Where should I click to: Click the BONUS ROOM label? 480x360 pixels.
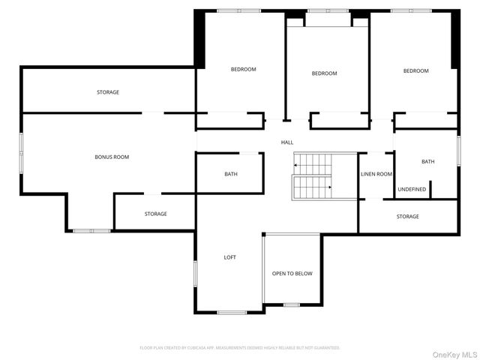point(112,157)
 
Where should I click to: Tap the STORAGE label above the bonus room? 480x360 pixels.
point(107,92)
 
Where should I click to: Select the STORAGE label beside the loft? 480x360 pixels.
point(156,214)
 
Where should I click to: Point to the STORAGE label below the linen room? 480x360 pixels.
point(408,217)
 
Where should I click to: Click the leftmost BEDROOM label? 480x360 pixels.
point(243,70)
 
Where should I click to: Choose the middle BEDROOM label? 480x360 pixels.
point(324,73)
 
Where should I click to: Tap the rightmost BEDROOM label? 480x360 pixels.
point(415,71)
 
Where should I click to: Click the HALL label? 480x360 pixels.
point(287,142)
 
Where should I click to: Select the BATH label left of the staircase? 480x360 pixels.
point(231,175)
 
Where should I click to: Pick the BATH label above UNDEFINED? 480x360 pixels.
point(427,162)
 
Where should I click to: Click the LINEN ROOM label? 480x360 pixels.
point(376,175)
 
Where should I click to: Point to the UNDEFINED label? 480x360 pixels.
point(412,189)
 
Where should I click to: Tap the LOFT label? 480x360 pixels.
point(230,257)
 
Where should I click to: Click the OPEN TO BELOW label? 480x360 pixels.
point(292,274)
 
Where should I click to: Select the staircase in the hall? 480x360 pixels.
point(312,176)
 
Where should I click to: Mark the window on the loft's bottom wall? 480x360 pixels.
point(232,312)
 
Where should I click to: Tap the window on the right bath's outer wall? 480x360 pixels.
point(458,150)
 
